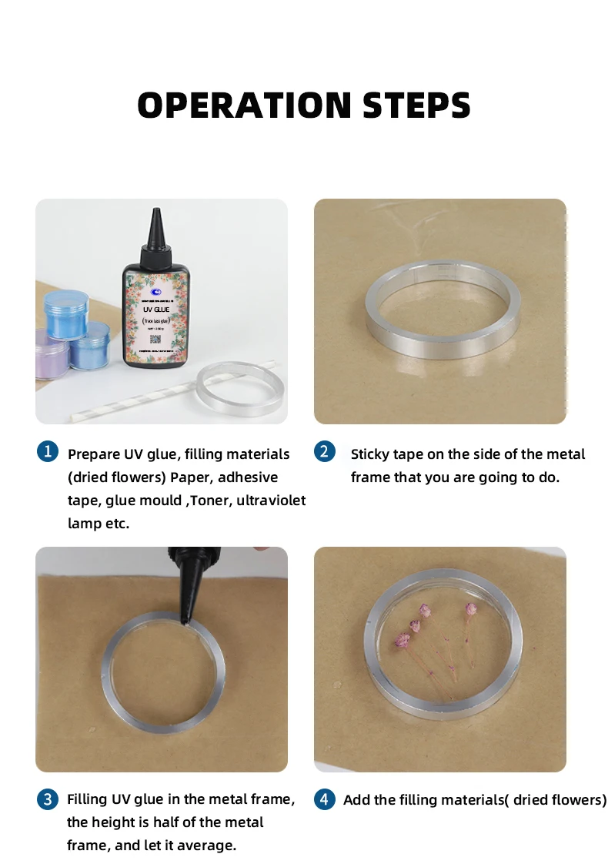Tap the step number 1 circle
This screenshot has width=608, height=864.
47,452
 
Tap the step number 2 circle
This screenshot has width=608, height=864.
324,452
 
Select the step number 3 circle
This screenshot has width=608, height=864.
47,799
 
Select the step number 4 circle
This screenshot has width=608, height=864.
324,799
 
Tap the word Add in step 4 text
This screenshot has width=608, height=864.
357,800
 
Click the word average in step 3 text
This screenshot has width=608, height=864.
208,846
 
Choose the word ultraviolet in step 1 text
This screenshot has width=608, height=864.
271,501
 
